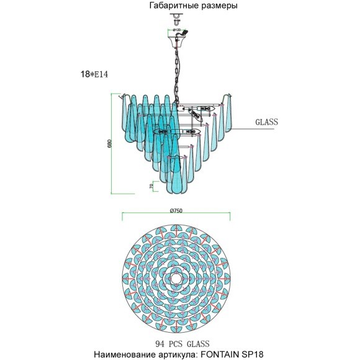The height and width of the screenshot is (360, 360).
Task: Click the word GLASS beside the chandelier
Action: pos(266,122)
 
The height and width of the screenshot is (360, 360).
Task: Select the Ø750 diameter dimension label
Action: pos(176,210)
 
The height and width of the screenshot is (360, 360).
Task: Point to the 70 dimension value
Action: pos(151,186)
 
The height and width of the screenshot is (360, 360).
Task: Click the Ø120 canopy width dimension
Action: pos(176,30)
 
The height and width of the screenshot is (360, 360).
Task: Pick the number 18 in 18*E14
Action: pos(84,74)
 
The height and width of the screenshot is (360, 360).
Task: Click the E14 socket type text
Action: pos(101,74)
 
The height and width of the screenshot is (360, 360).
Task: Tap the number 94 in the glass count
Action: pos(160,344)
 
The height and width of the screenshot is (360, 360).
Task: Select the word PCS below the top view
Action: pos(176,344)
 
